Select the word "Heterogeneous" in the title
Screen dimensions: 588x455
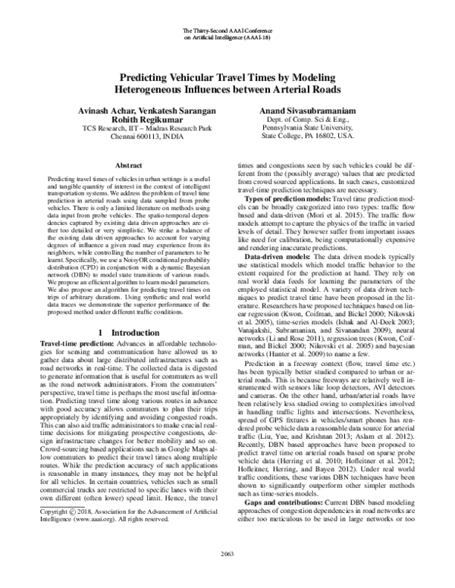pos(152,89)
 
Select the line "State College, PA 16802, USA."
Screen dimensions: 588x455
pos(307,139)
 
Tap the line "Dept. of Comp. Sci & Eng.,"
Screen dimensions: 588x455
pos(307,120)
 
